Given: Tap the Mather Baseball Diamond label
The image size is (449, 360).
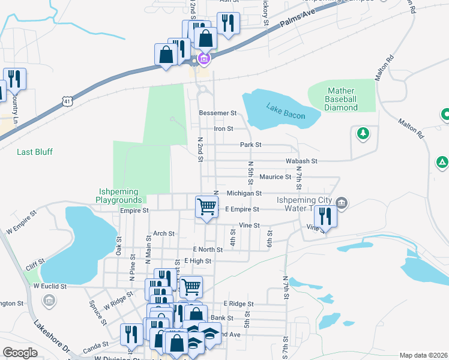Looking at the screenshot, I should [342, 100].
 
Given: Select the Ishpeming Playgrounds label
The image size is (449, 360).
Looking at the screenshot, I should [120, 196].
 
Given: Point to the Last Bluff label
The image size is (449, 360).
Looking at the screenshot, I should [34, 152].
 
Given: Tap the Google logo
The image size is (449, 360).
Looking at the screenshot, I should [20, 353].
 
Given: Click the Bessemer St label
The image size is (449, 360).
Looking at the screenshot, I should [217, 113].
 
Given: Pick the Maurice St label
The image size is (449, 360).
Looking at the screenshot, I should [276, 177].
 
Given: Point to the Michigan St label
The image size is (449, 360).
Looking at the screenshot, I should [244, 193].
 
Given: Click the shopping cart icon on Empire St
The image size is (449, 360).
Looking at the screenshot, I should [206, 207].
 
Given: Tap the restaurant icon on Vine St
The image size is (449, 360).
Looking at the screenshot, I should [325, 216].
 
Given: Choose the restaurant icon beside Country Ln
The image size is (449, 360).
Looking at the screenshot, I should [14, 79].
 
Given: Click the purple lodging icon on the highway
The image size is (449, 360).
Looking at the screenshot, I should [203, 59].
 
